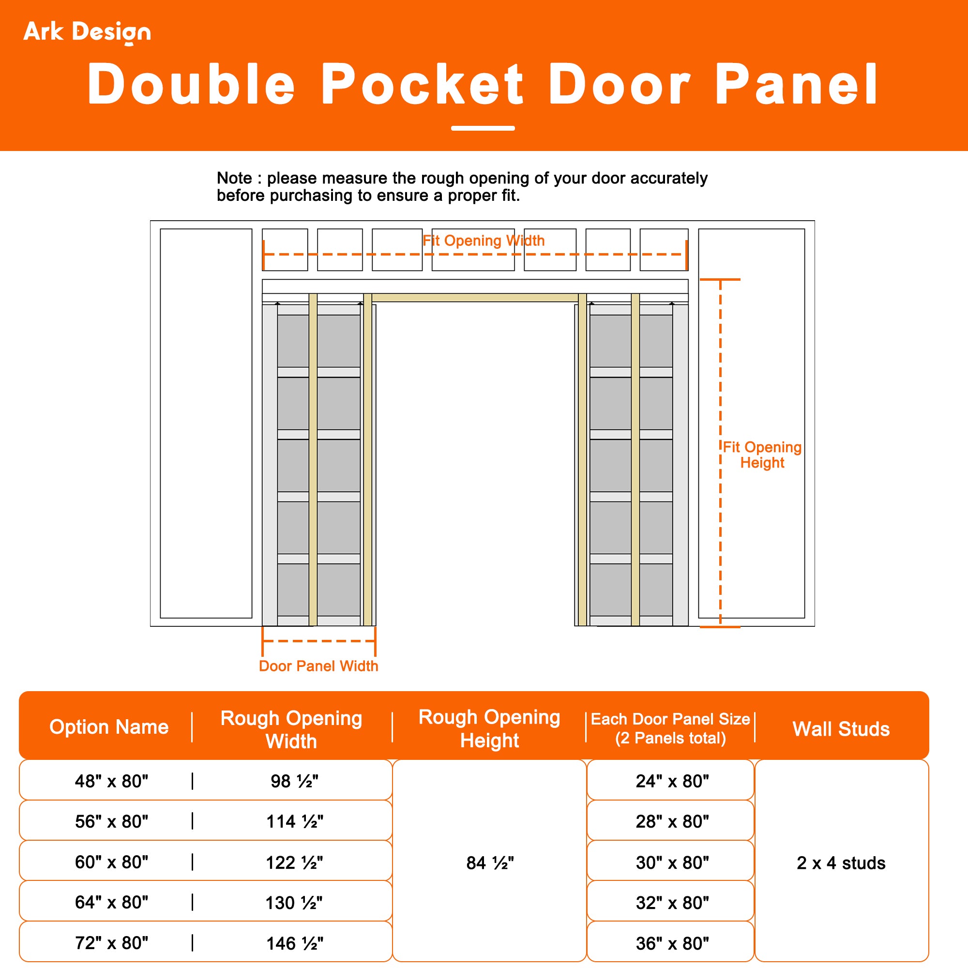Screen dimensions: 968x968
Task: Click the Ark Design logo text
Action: tap(87, 31)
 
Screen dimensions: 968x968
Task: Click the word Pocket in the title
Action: tap(423, 84)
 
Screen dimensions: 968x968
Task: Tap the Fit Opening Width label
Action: tap(483, 241)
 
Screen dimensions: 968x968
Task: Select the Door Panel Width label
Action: tap(318, 666)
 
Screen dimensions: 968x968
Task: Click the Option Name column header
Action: tap(109, 726)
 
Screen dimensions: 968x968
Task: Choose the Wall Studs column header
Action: tap(841, 728)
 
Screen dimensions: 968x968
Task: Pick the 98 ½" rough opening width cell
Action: tap(294, 781)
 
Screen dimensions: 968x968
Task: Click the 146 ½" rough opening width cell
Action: tap(294, 943)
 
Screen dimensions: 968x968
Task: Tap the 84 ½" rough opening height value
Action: tap(489, 863)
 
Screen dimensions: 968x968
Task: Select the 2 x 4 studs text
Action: tap(841, 863)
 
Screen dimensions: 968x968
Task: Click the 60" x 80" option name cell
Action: tap(111, 862)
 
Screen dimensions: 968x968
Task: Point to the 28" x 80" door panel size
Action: tap(672, 822)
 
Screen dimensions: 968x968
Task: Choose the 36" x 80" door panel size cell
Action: tap(672, 943)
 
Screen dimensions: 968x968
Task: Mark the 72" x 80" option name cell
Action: tap(111, 943)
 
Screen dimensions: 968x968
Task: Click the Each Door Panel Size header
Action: tap(670, 728)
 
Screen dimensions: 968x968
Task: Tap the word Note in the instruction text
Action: tap(234, 178)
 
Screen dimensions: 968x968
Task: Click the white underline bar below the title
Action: tap(483, 128)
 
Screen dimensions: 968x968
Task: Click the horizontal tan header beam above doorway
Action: tap(474, 298)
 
